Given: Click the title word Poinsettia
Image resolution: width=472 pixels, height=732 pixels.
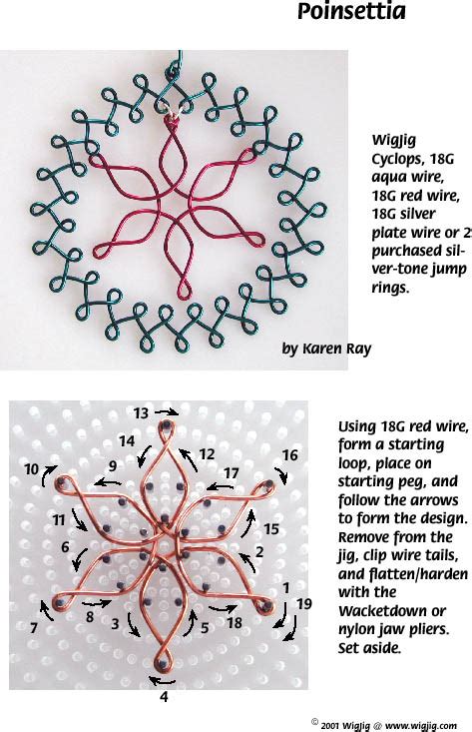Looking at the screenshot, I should pyautogui.click(x=351, y=12).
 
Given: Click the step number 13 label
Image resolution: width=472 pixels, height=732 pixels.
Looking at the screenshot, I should pyautogui.click(x=141, y=412).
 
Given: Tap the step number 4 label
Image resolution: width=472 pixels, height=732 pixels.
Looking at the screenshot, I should pyautogui.click(x=165, y=698).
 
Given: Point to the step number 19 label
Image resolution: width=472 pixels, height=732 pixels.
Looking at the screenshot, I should pyautogui.click(x=304, y=602).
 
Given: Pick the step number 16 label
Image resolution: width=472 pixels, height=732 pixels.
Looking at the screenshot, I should pyautogui.click(x=289, y=455).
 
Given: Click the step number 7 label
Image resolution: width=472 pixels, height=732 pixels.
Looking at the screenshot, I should pyautogui.click(x=34, y=628).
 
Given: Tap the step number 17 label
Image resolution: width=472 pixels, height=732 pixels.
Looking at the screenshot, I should pyautogui.click(x=232, y=472).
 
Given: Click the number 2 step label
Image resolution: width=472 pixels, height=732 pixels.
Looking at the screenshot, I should pyautogui.click(x=259, y=550).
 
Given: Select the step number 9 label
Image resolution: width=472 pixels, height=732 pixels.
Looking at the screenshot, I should pyautogui.click(x=113, y=465).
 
